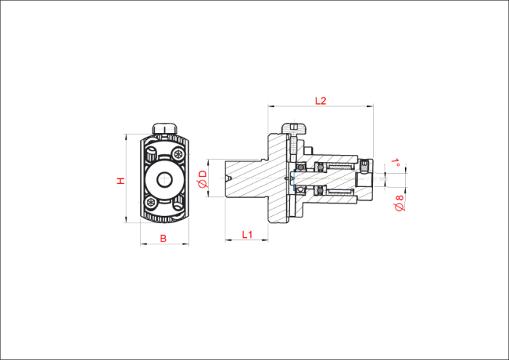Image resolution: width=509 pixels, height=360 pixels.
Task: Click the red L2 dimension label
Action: (x=321, y=100)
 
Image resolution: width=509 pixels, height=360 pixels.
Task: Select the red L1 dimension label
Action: (x=247, y=234)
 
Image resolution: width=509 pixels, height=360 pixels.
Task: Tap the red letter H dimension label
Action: (x=121, y=181)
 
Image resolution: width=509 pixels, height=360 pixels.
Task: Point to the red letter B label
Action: (x=164, y=239)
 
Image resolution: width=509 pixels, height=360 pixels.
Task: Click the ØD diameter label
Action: (x=203, y=179)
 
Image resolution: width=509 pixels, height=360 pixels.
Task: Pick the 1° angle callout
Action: (x=396, y=162)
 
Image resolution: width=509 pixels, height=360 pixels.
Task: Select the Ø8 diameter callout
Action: (x=399, y=203)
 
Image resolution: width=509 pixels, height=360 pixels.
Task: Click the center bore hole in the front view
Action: (x=164, y=179)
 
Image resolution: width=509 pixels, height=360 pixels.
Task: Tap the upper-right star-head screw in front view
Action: (x=178, y=153)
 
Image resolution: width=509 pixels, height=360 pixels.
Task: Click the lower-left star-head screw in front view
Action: (x=151, y=202)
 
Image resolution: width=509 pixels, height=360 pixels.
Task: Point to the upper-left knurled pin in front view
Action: (x=151, y=153)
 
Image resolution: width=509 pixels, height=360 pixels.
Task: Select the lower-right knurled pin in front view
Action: (x=178, y=204)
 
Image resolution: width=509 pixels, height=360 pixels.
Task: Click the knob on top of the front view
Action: (x=165, y=128)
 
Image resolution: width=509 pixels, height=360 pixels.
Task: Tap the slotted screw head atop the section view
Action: (x=294, y=128)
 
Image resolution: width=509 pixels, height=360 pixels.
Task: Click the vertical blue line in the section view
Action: (x=293, y=180)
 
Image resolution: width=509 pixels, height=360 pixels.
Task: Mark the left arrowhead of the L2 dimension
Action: (x=270, y=106)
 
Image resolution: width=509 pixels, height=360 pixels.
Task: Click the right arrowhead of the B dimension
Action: (x=186, y=244)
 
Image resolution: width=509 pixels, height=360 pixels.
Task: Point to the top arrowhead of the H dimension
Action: (x=125, y=137)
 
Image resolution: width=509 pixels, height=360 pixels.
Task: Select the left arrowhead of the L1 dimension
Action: (x=228, y=240)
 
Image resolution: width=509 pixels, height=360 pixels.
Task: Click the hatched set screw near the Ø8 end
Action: (x=365, y=166)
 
